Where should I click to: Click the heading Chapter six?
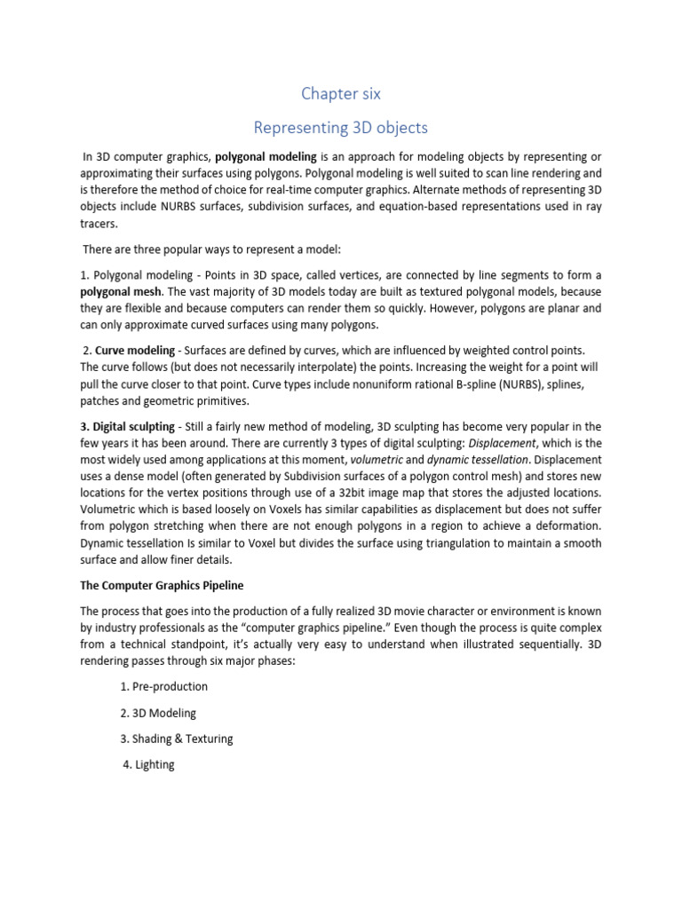click(x=341, y=93)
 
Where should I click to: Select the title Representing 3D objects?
click(x=341, y=128)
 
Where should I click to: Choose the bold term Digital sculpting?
click(x=125, y=427)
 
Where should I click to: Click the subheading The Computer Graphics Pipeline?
click(x=162, y=586)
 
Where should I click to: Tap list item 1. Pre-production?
click(x=163, y=687)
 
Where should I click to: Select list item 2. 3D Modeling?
click(x=158, y=713)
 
